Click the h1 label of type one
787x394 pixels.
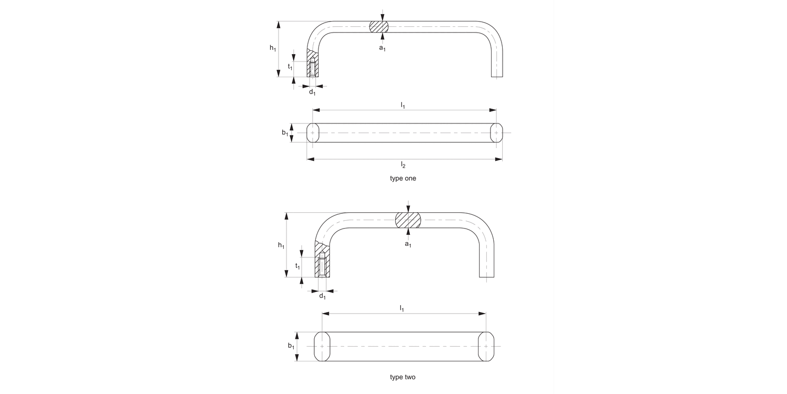coord(273,48)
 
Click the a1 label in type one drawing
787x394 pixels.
coord(382,48)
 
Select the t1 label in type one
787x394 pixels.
coord(290,67)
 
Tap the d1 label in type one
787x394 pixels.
coord(312,92)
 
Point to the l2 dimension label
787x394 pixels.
coord(403,165)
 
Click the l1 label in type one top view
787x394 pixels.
coord(403,105)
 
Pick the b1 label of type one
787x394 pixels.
coord(285,133)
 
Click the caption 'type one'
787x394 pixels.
coord(403,178)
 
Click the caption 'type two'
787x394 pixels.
coord(403,377)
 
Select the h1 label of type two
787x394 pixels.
coord(281,245)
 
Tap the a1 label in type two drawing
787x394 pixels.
coord(408,244)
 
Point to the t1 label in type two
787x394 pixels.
coord(297,266)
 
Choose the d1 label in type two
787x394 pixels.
coord(322,296)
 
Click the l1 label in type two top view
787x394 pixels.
coord(402,308)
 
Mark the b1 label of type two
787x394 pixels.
coord(291,346)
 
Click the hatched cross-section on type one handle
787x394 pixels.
coord(379,27)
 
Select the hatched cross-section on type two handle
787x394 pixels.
coord(408,221)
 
